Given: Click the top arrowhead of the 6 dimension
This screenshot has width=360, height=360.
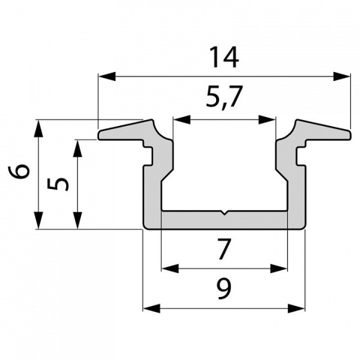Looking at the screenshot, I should coord(38,127).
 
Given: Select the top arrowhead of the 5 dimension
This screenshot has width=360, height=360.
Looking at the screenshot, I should coord(77,148).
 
